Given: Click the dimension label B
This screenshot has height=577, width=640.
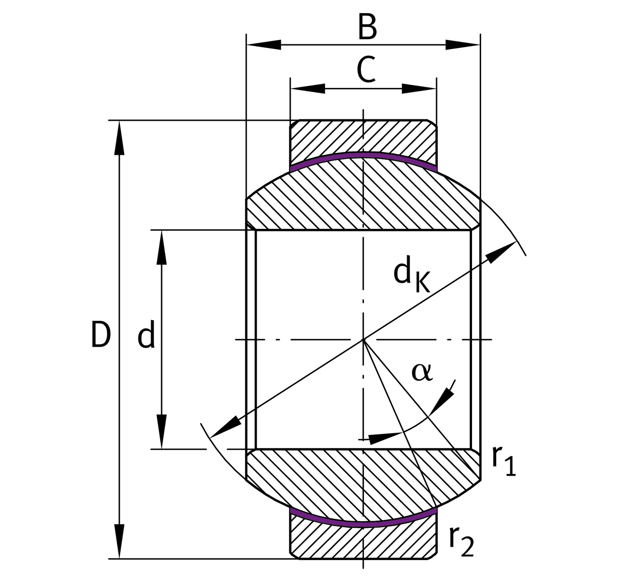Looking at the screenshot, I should click(x=367, y=28).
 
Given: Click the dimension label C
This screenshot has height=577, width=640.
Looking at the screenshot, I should click(x=366, y=70).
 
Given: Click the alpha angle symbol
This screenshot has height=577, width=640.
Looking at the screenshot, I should click(x=422, y=372).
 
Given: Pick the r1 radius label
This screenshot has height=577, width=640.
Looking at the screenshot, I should click(x=503, y=460).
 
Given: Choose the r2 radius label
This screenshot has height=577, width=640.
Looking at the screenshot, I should click(x=461, y=541).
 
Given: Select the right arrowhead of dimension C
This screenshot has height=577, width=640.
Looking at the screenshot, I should click(x=419, y=88).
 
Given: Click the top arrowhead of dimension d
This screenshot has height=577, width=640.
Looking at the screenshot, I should click(x=162, y=248).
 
